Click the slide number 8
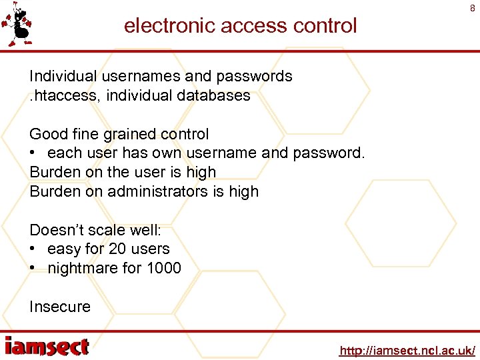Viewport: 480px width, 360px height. tap(473, 9)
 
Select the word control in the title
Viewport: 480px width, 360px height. tap(327, 26)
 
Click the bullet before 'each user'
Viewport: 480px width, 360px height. tap(34, 153)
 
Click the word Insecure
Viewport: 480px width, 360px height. tap(60, 307)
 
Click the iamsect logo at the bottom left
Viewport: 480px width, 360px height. tap(47, 347)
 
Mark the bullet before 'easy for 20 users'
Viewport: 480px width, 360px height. tap(34, 249)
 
